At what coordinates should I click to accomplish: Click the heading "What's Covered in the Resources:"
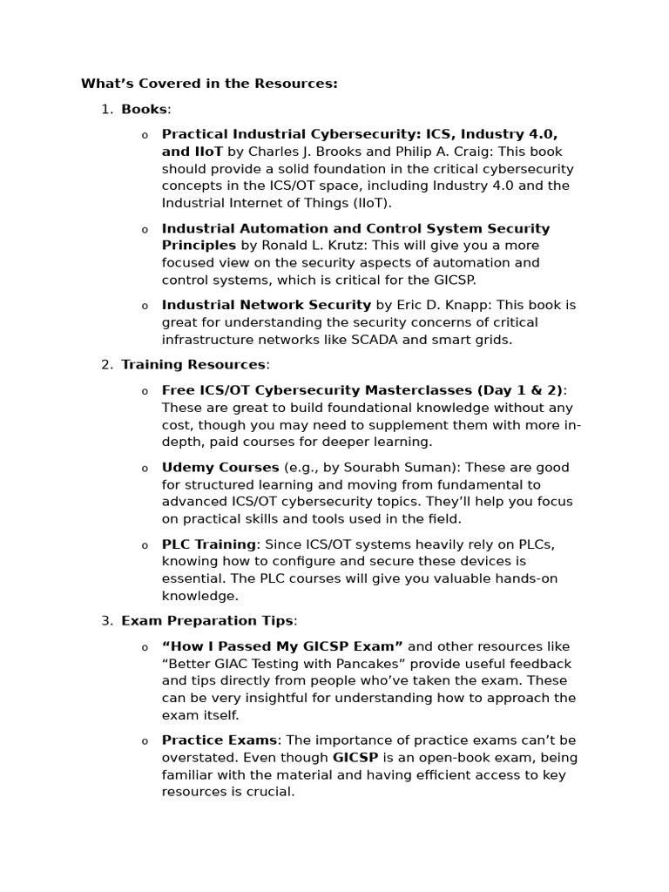pos(209,84)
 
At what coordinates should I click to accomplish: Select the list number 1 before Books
pos(105,109)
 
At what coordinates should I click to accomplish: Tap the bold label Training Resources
pos(193,365)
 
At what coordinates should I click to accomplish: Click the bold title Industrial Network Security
pos(267,305)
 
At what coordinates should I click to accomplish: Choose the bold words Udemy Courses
pos(220,468)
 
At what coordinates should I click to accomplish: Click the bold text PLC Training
pos(208,544)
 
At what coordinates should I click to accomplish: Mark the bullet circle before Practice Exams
pos(145,741)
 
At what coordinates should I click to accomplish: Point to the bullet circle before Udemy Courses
pos(145,469)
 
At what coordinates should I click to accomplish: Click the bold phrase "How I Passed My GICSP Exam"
pos(282,646)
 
